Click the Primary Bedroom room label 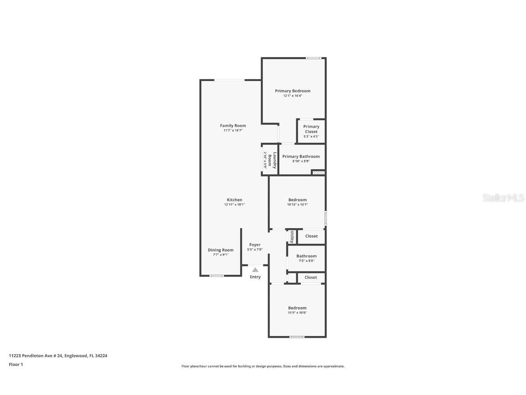[x=292, y=91]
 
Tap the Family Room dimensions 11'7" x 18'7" [x=233, y=131]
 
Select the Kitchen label [x=235, y=200]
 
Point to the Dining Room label [x=221, y=250]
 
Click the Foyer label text [x=255, y=245]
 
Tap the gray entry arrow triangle [x=255, y=270]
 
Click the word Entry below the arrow [x=255, y=277]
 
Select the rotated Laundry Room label [x=273, y=160]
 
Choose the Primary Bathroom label [x=301, y=156]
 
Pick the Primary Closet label [x=311, y=129]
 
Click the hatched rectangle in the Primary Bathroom [x=318, y=172]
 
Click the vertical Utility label [x=292, y=236]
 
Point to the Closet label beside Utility [x=311, y=236]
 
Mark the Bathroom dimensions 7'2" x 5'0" [x=306, y=261]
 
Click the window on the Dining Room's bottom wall [x=216, y=276]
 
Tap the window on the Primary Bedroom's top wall [x=313, y=58]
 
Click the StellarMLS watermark [x=504, y=198]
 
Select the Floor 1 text [x=16, y=364]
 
